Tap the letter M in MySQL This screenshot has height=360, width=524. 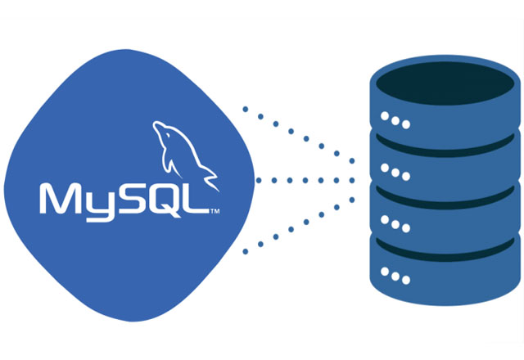coord(61,198)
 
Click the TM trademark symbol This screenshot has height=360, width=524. coord(215,211)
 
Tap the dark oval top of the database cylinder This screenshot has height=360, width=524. coord(445,83)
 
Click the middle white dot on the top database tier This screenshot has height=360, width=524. coord(395,120)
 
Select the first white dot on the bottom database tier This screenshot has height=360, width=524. coord(385,272)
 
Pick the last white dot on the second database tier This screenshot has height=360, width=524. coord(406,177)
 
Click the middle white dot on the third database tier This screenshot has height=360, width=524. coord(395,224)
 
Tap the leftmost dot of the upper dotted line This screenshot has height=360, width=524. coord(246,109)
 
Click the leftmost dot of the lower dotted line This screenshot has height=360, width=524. coord(246,252)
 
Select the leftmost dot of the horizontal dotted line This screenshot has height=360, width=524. coord(259,180)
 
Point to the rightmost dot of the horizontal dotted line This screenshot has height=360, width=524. coord(351,180)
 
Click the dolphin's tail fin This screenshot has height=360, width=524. coord(210,180)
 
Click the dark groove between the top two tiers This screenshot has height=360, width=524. coord(445,149)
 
